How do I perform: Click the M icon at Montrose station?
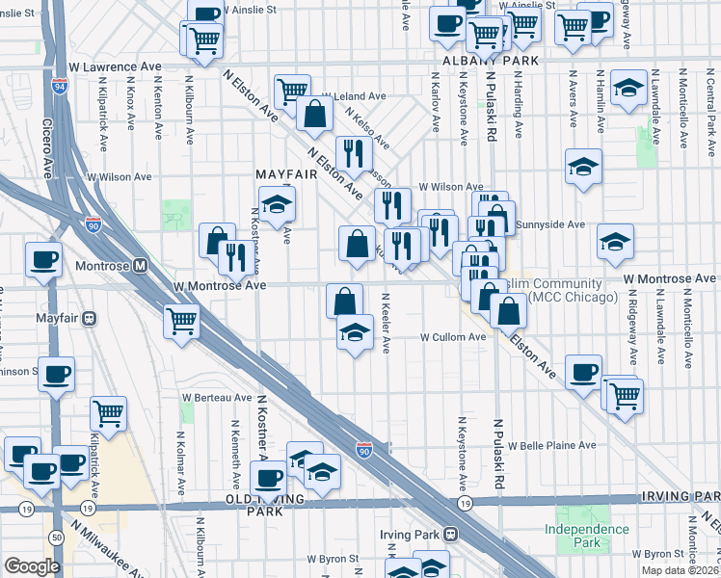(141, 265)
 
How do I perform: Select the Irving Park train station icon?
(450, 534)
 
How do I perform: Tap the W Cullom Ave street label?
(453, 337)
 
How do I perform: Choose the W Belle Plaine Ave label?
(552, 446)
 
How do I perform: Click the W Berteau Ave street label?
(217, 397)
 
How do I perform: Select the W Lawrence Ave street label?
(115, 67)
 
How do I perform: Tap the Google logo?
(32, 566)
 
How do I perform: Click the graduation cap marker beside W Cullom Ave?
(355, 333)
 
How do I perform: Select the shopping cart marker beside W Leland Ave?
(291, 92)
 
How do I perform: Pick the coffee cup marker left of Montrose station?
(43, 260)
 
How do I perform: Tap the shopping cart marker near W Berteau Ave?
(109, 412)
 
